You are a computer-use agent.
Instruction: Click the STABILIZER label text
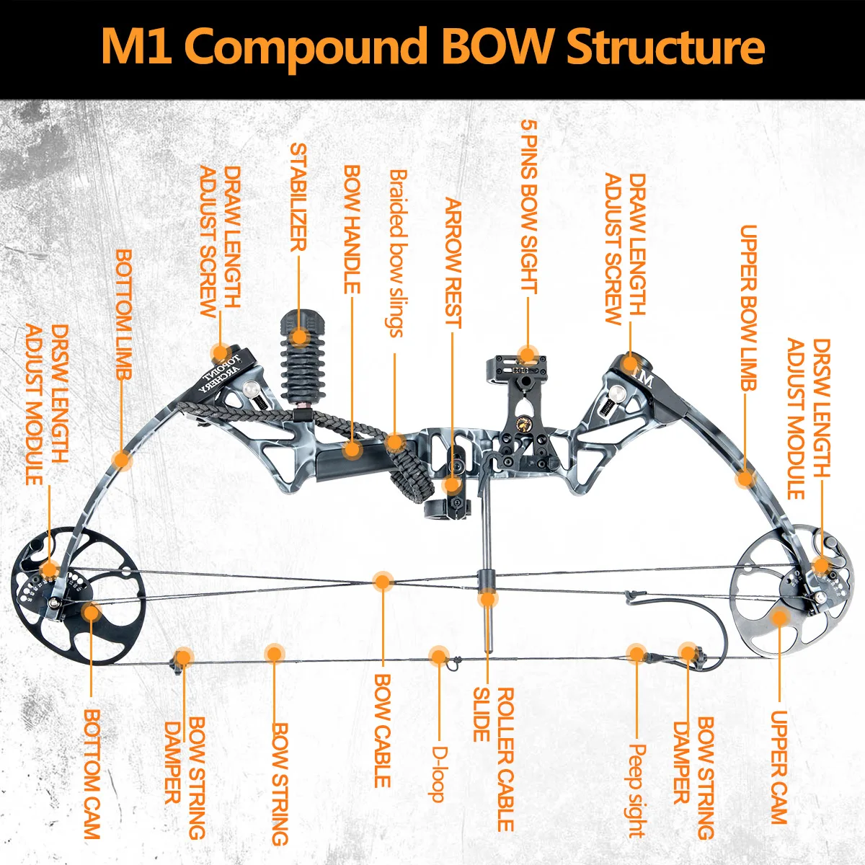[298, 197]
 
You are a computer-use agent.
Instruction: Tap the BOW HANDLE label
[352, 230]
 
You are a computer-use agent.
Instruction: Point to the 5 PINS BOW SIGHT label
[529, 207]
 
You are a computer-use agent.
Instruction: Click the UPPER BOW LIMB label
[748, 308]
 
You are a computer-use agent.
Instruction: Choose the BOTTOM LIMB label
[124, 315]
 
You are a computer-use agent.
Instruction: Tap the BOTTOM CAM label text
[92, 773]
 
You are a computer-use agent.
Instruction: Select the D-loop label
[438, 773]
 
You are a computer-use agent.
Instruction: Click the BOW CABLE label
[383, 730]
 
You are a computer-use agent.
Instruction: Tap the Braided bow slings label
[396, 253]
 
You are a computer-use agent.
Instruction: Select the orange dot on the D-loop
[438, 656]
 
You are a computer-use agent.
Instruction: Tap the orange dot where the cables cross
[383, 582]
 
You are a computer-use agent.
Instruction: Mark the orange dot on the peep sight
[636, 653]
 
